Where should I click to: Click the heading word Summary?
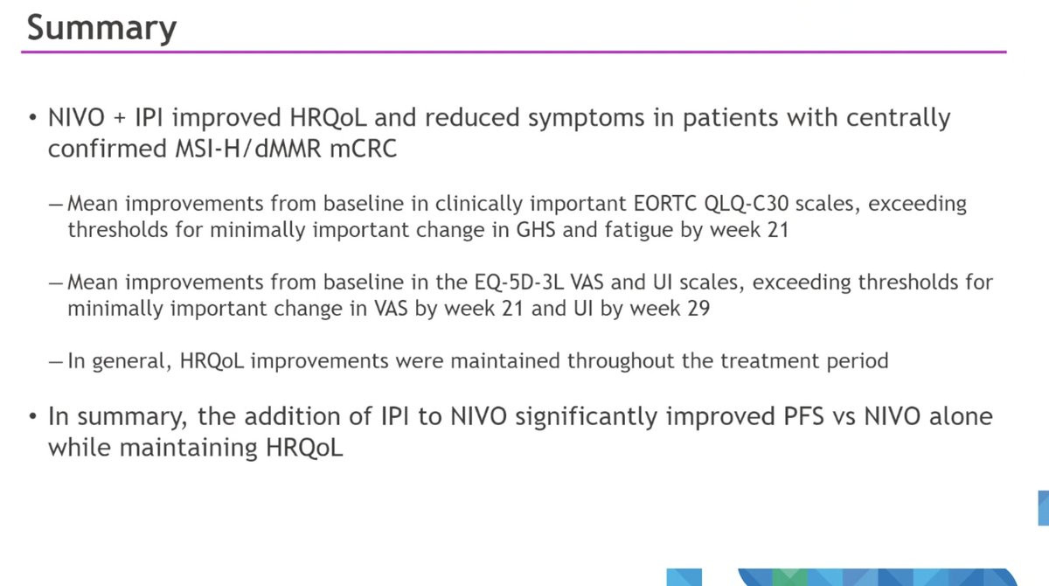(x=101, y=29)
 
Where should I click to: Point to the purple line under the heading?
(x=514, y=52)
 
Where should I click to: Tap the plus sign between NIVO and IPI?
(x=120, y=118)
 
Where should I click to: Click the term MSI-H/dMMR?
(x=248, y=149)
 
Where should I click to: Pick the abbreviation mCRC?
(x=364, y=149)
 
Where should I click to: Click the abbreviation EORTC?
(x=664, y=204)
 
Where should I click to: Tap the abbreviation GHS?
(x=535, y=230)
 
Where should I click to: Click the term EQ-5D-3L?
(x=519, y=283)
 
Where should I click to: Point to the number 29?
(x=698, y=309)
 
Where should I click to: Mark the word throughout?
(x=621, y=361)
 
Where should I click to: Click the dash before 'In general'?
(x=55, y=361)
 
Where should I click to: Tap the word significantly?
(x=586, y=417)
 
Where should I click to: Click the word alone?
(x=961, y=416)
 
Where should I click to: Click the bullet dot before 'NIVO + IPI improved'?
(x=32, y=117)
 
